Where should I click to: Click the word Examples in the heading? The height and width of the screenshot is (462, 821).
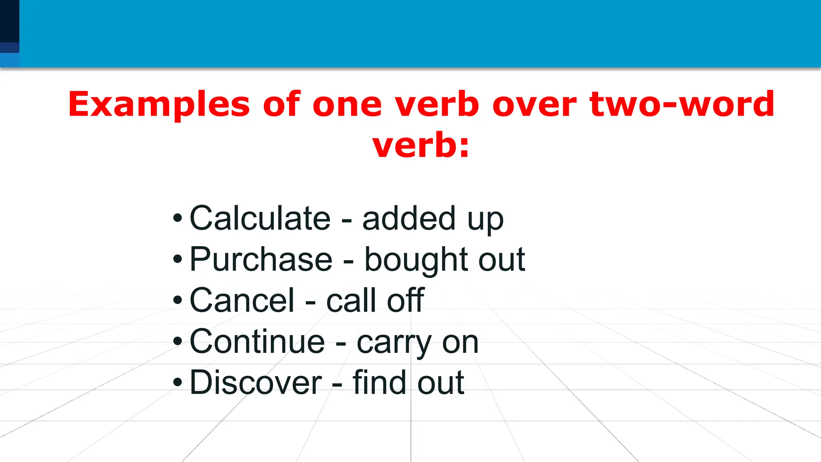(x=159, y=105)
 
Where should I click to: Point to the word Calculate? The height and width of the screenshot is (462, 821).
(x=260, y=219)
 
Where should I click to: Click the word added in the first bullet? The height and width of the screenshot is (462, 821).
(x=408, y=219)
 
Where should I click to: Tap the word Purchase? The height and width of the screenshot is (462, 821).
(x=261, y=260)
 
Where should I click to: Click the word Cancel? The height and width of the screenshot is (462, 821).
(x=242, y=301)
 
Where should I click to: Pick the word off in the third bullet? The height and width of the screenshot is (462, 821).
(x=405, y=301)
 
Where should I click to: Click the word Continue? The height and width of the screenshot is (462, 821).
(x=257, y=342)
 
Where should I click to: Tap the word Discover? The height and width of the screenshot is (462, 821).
(x=255, y=383)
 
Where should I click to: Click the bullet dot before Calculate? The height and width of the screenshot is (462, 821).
(x=177, y=219)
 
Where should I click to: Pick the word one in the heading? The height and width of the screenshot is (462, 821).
(x=347, y=105)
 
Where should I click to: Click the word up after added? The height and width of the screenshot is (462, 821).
(x=485, y=220)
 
